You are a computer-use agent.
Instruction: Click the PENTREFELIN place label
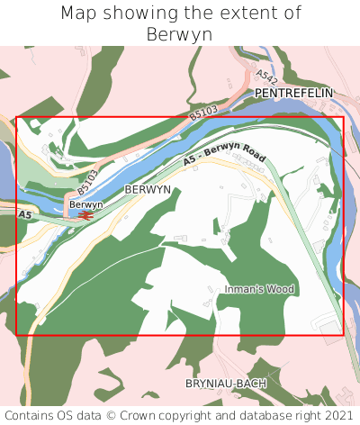(293, 93)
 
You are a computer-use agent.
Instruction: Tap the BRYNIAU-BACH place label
(226, 383)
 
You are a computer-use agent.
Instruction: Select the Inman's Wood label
(260, 289)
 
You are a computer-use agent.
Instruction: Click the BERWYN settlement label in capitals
(148, 190)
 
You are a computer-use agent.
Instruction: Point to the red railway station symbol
(84, 215)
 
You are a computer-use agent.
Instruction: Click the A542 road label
(265, 77)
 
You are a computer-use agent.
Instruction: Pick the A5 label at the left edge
(24, 215)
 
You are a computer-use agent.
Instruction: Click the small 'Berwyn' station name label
(86, 204)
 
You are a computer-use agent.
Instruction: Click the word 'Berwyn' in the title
(180, 34)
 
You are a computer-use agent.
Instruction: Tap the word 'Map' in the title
(78, 14)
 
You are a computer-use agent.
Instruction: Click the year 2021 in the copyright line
(338, 415)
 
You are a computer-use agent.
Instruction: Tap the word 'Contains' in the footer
(29, 415)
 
